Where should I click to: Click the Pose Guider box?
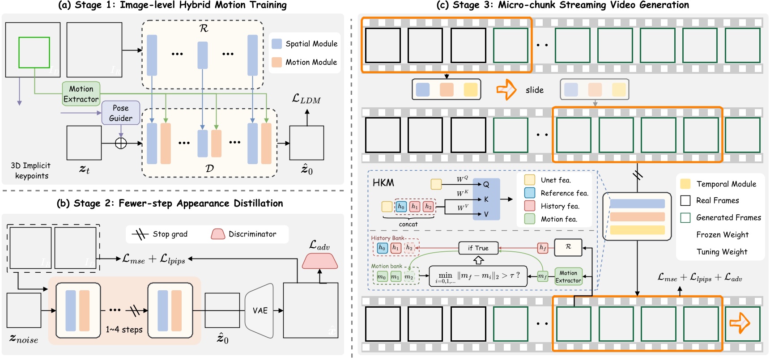tap(120, 113)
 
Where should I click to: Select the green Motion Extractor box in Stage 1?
tap(81, 94)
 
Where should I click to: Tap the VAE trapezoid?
tap(260, 310)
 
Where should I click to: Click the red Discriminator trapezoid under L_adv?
tap(319, 261)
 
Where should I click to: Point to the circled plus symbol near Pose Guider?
tap(121, 143)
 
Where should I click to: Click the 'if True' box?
tap(478, 248)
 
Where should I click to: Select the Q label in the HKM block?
tap(486, 184)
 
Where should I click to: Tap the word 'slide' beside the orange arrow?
tap(535, 90)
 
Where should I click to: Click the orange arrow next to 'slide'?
tap(506, 89)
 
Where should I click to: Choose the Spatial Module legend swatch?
tap(277, 43)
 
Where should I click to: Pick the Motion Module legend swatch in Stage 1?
tap(277, 62)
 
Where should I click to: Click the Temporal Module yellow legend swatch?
tap(685, 184)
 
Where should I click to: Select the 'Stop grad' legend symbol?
tap(140, 234)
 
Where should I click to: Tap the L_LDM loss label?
tap(306, 99)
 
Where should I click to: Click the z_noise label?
tap(24, 339)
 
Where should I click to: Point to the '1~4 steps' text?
tap(124, 330)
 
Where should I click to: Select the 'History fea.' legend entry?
tap(560, 206)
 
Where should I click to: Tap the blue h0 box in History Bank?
tap(382, 247)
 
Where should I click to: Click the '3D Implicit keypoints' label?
tap(31, 170)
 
